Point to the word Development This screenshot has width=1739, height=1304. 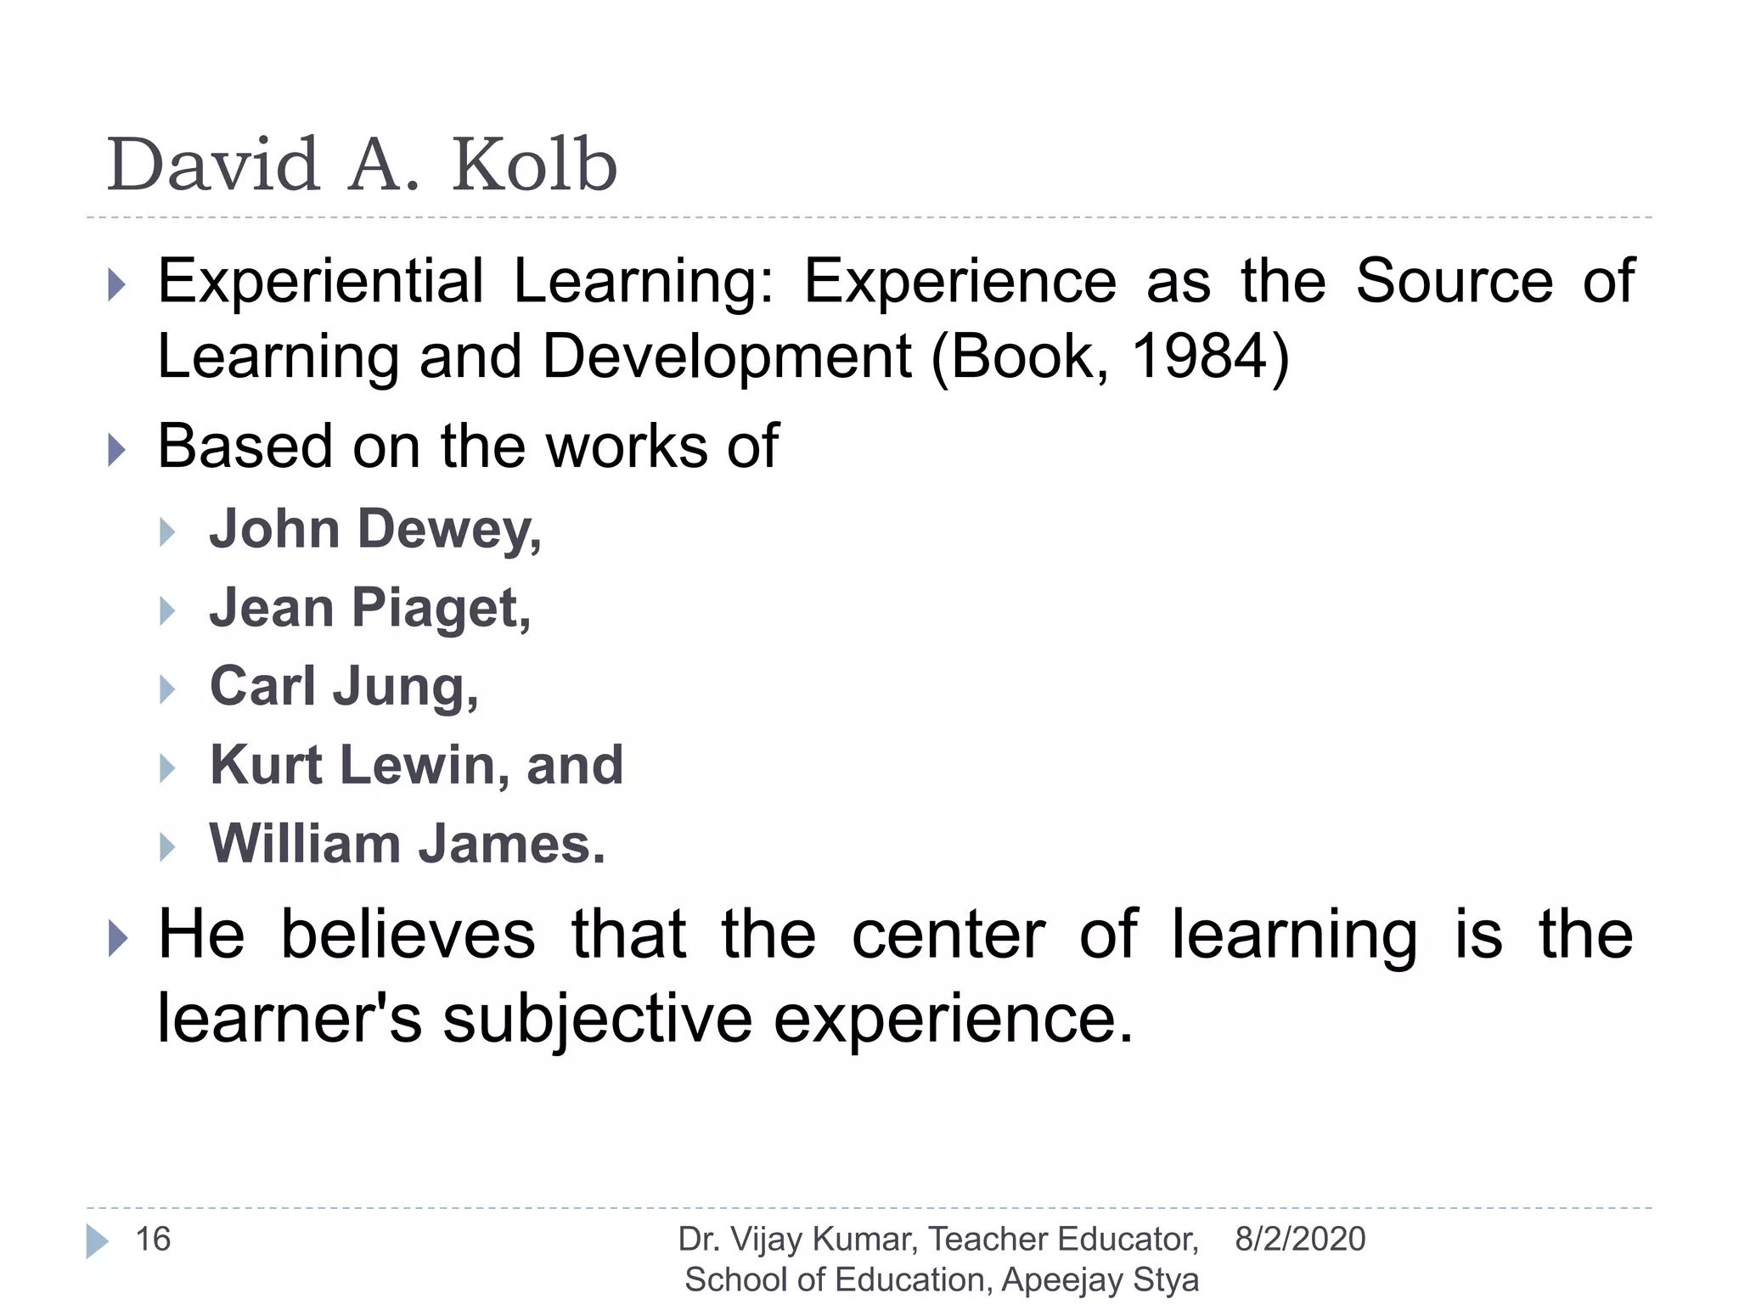point(727,357)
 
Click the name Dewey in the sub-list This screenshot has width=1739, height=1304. point(449,530)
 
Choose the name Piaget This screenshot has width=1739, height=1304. point(441,609)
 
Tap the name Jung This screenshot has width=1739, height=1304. point(405,687)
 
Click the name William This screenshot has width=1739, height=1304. point(305,844)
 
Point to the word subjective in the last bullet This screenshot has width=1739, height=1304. point(597,1018)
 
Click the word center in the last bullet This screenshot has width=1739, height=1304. point(948,935)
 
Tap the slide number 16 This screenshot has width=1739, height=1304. point(153,1239)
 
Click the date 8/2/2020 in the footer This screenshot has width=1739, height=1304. point(1300,1239)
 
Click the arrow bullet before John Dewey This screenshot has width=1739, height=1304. point(167,532)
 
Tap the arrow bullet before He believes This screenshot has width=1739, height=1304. point(118,939)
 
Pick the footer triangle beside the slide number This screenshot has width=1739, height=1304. point(97,1241)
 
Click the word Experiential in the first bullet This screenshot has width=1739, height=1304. point(321,281)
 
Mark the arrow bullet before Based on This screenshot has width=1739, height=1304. point(117,450)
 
